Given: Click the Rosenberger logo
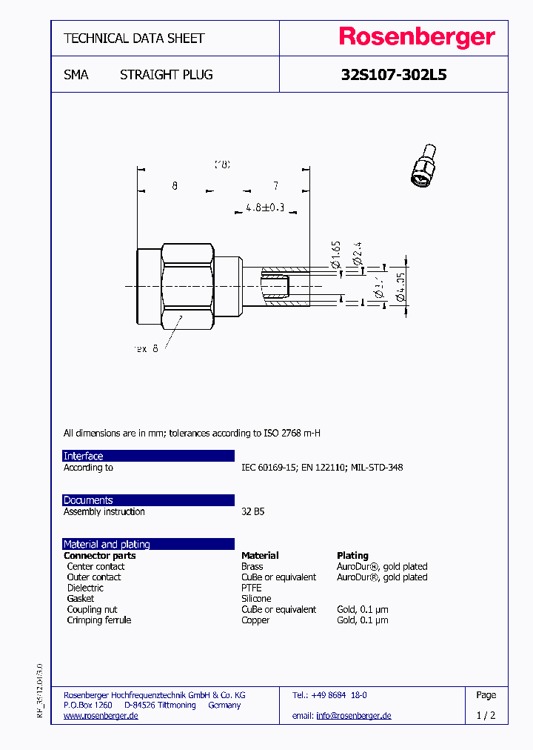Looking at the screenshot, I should tap(417, 37).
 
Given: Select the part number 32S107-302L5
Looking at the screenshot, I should tap(393, 75).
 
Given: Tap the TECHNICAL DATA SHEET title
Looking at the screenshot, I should tap(134, 38).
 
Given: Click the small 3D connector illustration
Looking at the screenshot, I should tap(424, 167).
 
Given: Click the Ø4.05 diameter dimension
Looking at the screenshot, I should tap(400, 288).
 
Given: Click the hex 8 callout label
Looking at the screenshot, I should tap(146, 348).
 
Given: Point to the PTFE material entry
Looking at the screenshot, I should tap(252, 588).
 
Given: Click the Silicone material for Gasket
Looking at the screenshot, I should tap(256, 598).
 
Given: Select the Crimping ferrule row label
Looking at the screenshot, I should tap(98, 620).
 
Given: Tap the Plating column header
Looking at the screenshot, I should tap(352, 555).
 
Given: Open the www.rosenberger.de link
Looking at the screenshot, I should tap(101, 715).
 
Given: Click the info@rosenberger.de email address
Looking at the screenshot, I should tap(353, 715).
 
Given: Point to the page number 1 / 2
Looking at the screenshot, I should tap(486, 715).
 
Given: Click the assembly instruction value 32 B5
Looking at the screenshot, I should tap(252, 511).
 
